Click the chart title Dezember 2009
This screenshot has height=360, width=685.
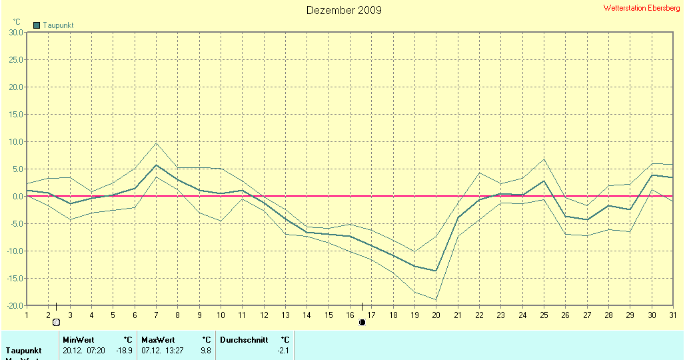click(344, 10)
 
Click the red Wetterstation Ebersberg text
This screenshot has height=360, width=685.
click(642, 8)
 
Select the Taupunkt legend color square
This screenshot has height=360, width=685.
click(37, 25)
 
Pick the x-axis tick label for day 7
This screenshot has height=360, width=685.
click(156, 315)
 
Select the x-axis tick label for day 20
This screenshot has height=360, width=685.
click(436, 315)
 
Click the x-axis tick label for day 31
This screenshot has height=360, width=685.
click(672, 315)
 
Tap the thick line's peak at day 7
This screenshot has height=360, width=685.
click(156, 165)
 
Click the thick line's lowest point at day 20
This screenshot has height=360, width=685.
click(436, 271)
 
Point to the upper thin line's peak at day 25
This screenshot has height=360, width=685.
click(544, 159)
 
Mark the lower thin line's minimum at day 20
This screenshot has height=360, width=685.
click(436, 299)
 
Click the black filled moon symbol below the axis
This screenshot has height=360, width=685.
click(362, 323)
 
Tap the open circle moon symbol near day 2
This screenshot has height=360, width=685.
click(57, 323)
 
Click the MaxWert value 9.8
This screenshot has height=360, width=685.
click(205, 350)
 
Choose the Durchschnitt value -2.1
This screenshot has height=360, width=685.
click(283, 350)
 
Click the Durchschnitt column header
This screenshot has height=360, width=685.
click(244, 340)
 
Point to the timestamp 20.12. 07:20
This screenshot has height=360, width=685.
click(83, 350)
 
